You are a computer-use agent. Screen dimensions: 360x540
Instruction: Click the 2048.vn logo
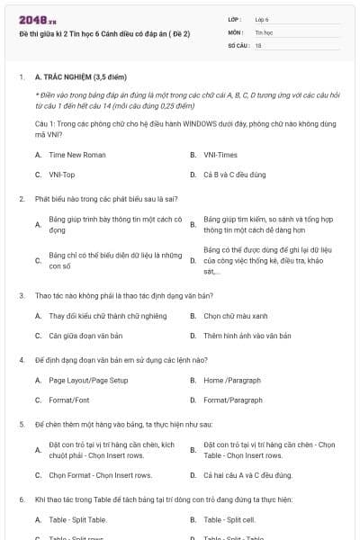(x=33, y=18)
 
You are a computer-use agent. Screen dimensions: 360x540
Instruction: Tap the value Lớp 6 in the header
(x=262, y=18)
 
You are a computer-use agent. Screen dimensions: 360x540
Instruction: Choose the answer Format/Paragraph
(x=233, y=400)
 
